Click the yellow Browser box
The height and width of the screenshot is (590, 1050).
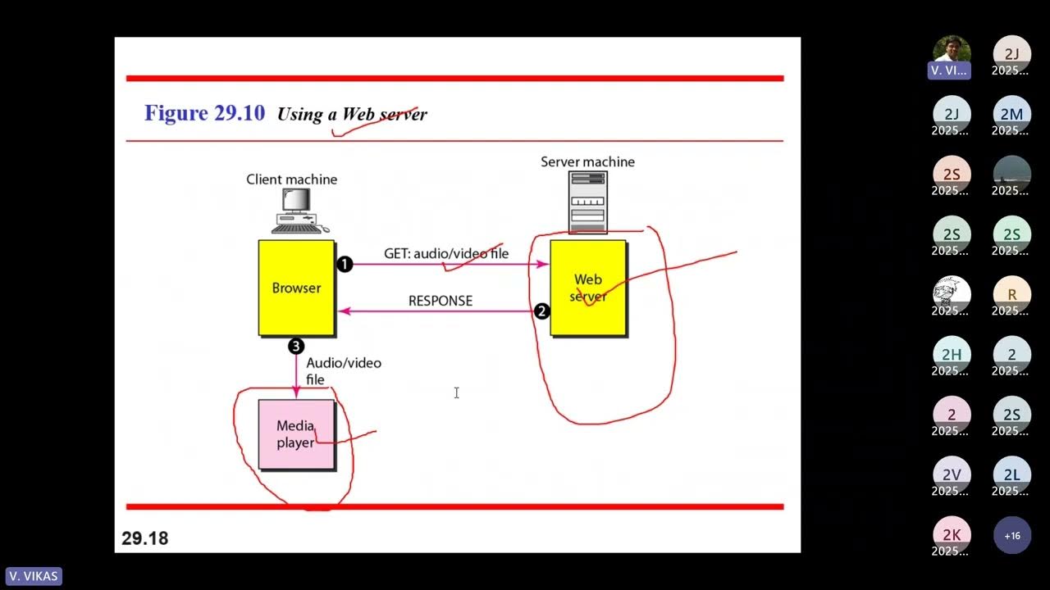tap(296, 288)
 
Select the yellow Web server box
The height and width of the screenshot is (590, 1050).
tap(588, 288)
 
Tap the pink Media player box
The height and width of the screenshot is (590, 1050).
tap(296, 434)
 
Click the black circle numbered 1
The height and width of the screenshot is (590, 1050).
tap(345, 264)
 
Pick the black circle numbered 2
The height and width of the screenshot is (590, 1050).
tap(541, 311)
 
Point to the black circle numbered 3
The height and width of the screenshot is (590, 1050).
tap(296, 346)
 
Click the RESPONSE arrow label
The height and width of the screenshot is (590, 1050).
tap(441, 301)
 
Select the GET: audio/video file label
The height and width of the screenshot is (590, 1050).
tap(446, 253)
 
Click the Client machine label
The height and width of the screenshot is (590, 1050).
tap(291, 179)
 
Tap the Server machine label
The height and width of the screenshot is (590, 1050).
tap(587, 161)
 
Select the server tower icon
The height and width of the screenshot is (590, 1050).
tap(587, 202)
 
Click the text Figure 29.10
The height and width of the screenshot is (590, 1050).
tap(204, 113)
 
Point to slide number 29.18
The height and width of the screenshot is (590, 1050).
tap(145, 538)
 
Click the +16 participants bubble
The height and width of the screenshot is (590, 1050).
tap(1012, 536)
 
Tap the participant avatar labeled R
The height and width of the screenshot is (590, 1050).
tap(1012, 294)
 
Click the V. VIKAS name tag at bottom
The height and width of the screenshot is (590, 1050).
tap(34, 576)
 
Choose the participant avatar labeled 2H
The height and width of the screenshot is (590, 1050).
tap(952, 354)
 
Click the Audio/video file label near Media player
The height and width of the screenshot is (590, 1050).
tap(343, 370)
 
